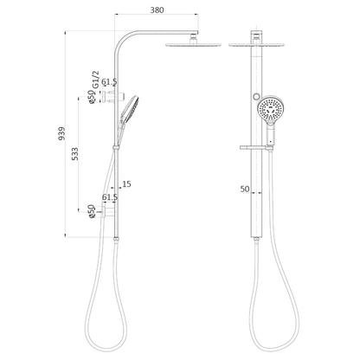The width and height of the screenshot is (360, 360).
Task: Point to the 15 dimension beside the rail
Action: point(128,183)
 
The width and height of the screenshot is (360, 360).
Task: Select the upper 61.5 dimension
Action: point(110,82)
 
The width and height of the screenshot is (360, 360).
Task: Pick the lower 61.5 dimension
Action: point(110,197)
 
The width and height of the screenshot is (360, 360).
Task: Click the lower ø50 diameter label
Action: point(91,210)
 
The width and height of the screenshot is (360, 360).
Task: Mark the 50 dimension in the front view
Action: point(246,188)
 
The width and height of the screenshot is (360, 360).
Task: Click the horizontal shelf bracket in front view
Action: point(259,150)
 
